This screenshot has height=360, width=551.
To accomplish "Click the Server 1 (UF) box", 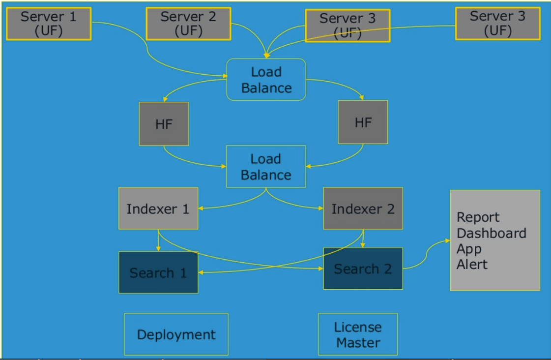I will (x=48, y=24).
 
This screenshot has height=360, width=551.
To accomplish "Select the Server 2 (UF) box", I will (x=189, y=24).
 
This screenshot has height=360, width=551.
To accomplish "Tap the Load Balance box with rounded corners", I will (x=266, y=79).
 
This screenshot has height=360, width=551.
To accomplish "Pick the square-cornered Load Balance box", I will (x=266, y=167).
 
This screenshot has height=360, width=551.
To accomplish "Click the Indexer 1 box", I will (x=158, y=209).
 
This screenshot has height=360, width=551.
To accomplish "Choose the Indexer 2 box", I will (x=363, y=209).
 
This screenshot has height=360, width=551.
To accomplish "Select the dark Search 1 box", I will (x=158, y=272).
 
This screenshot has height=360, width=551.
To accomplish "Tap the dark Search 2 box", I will (x=363, y=269).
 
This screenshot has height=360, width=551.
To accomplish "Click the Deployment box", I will (x=176, y=334).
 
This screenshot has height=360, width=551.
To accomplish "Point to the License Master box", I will (x=358, y=334).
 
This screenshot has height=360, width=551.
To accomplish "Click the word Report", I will (x=478, y=217).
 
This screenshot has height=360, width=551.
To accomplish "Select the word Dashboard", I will (x=492, y=233).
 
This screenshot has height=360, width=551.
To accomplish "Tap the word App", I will (x=469, y=248).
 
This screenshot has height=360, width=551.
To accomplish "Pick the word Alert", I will (x=472, y=264).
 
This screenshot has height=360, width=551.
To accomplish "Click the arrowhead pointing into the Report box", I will (x=447, y=241).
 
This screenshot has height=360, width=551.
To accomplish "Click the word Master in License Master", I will (x=358, y=342).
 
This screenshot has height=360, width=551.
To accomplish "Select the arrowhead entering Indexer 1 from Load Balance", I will (x=201, y=209).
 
